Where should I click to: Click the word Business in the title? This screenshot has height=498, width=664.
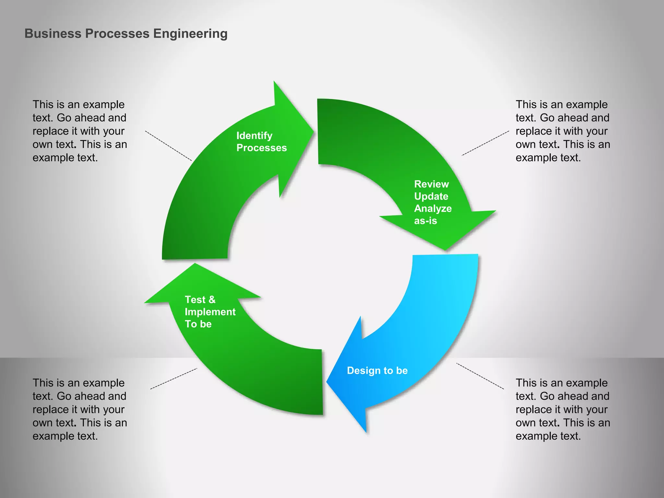coord(53,34)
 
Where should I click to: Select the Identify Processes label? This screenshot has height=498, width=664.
coord(261,142)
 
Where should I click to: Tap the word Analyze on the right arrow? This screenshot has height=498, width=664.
coord(433,208)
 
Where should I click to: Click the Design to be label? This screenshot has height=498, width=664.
coord(377,371)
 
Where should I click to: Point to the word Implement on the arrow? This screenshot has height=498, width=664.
coord(210,312)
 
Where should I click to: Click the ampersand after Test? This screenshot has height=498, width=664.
coord(212,300)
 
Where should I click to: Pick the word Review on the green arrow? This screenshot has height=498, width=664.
coord(431,184)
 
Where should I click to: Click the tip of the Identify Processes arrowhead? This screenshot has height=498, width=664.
coord(313,131)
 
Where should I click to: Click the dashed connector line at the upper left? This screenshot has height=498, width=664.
coord(168,146)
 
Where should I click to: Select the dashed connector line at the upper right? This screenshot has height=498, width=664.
coord(485,143)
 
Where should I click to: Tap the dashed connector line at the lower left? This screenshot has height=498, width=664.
coord(173,379)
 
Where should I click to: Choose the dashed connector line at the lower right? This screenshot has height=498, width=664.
coord(480,376)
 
